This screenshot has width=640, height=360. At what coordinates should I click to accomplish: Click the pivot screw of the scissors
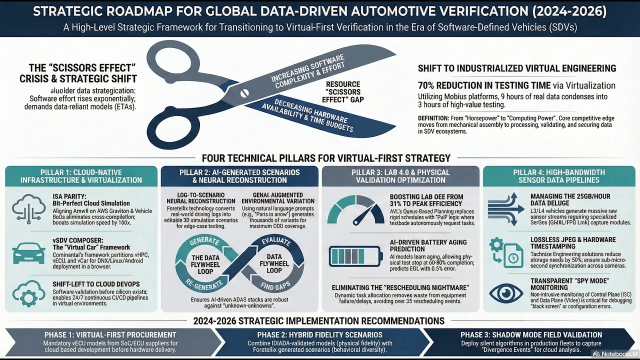click(x=244, y=92)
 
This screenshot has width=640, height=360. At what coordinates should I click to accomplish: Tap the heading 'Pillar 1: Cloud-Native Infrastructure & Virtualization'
click(x=81, y=176)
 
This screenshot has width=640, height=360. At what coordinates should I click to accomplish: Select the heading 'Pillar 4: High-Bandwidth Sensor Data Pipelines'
click(x=559, y=176)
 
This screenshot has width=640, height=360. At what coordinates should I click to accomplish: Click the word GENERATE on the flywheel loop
click(x=204, y=241)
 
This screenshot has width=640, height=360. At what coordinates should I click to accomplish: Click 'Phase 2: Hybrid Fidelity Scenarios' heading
click(x=319, y=334)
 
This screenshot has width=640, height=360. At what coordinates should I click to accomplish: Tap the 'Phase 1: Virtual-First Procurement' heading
click(x=110, y=334)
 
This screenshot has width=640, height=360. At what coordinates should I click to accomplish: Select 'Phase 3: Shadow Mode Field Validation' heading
click(x=531, y=334)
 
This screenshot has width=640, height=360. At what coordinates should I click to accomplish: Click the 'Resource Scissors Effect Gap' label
click(x=344, y=92)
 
